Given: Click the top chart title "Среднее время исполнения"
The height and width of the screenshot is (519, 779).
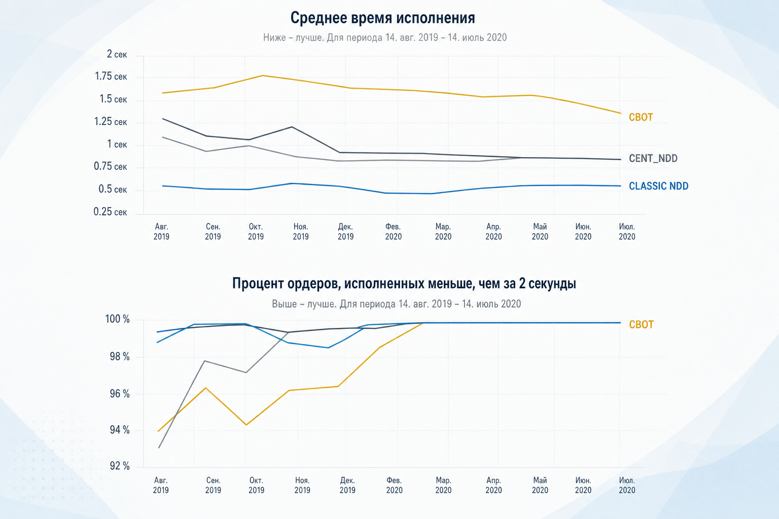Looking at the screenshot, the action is click(x=382, y=18).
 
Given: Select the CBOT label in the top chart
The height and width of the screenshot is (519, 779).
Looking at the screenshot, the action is click(x=641, y=117).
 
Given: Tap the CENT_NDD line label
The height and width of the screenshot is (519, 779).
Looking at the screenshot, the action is click(x=653, y=159).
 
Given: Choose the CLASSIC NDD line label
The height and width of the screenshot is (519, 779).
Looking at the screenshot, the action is click(x=659, y=186).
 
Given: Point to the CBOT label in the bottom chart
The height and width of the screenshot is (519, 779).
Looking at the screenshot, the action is click(x=641, y=324).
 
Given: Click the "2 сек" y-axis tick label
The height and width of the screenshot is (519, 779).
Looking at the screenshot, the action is click(x=117, y=54).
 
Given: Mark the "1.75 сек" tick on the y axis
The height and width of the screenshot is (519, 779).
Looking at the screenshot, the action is click(x=111, y=77).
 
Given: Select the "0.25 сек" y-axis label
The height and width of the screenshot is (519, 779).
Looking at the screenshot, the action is click(x=110, y=212).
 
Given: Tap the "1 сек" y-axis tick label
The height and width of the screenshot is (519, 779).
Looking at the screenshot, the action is click(x=117, y=144).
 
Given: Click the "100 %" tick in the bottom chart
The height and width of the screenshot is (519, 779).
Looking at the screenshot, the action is click(x=118, y=319).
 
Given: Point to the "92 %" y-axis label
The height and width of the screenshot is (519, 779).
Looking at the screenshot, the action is click(x=120, y=466).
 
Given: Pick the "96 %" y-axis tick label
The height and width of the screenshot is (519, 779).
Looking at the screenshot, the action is click(x=120, y=394).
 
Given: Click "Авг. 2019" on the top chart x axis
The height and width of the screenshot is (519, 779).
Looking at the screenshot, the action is click(x=161, y=232).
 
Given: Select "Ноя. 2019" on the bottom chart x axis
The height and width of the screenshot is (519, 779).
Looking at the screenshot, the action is click(x=302, y=485).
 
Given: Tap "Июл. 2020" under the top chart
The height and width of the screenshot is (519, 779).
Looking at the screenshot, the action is click(x=627, y=232).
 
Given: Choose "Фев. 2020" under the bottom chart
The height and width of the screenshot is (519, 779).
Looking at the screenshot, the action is click(x=394, y=485).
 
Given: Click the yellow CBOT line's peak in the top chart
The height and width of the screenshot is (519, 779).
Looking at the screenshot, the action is click(x=263, y=76).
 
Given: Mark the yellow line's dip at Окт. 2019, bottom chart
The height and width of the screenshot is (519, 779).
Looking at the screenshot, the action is click(x=246, y=425).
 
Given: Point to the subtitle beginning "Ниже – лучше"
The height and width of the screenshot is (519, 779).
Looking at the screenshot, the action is click(x=384, y=38).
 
